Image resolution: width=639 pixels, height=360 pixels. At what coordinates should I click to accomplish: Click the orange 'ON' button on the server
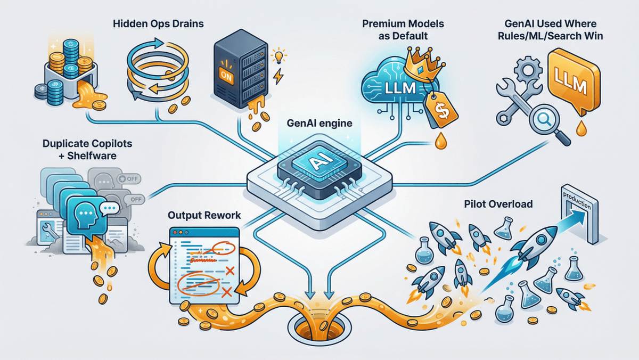pyautogui.click(x=226, y=75)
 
